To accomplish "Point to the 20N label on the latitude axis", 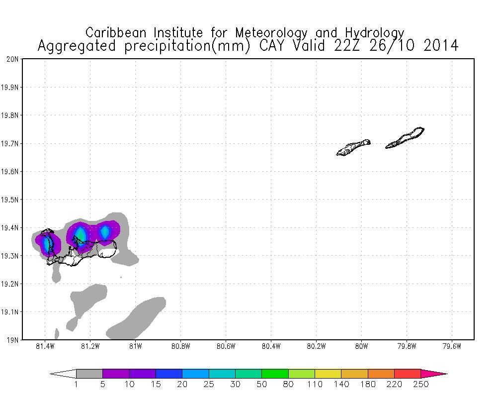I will click(x=13, y=59).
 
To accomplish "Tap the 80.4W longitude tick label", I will click(x=271, y=346).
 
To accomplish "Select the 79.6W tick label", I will click(x=452, y=346).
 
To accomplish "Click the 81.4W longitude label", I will click(x=45, y=346).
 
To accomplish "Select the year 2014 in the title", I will click(x=438, y=46).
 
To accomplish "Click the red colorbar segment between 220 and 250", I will click(x=408, y=374).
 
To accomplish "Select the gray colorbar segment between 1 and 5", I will click(x=89, y=374).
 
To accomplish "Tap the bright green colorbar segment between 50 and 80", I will click(x=275, y=374).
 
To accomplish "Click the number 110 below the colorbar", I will click(x=315, y=384).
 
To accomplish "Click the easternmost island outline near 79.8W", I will click(x=405, y=138).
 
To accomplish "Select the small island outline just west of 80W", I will click(x=353, y=147).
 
